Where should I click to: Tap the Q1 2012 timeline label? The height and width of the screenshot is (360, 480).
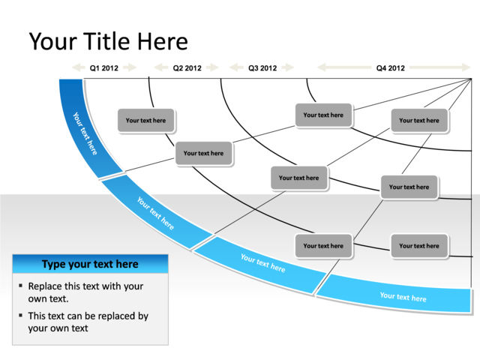pos(104,68)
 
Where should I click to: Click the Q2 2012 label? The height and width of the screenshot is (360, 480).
pos(187,68)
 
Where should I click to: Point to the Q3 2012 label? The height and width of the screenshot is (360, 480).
pos(262,68)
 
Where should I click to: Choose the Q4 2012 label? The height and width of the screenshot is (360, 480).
pos(391,68)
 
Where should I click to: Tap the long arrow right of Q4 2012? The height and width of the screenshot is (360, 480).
pos(438,68)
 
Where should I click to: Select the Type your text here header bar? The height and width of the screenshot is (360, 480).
pos(90,264)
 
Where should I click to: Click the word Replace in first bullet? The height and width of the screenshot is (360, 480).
pos(46,286)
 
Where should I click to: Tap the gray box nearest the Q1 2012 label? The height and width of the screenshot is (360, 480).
pos(145,121)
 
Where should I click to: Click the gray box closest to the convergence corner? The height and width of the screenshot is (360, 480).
pos(419,121)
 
